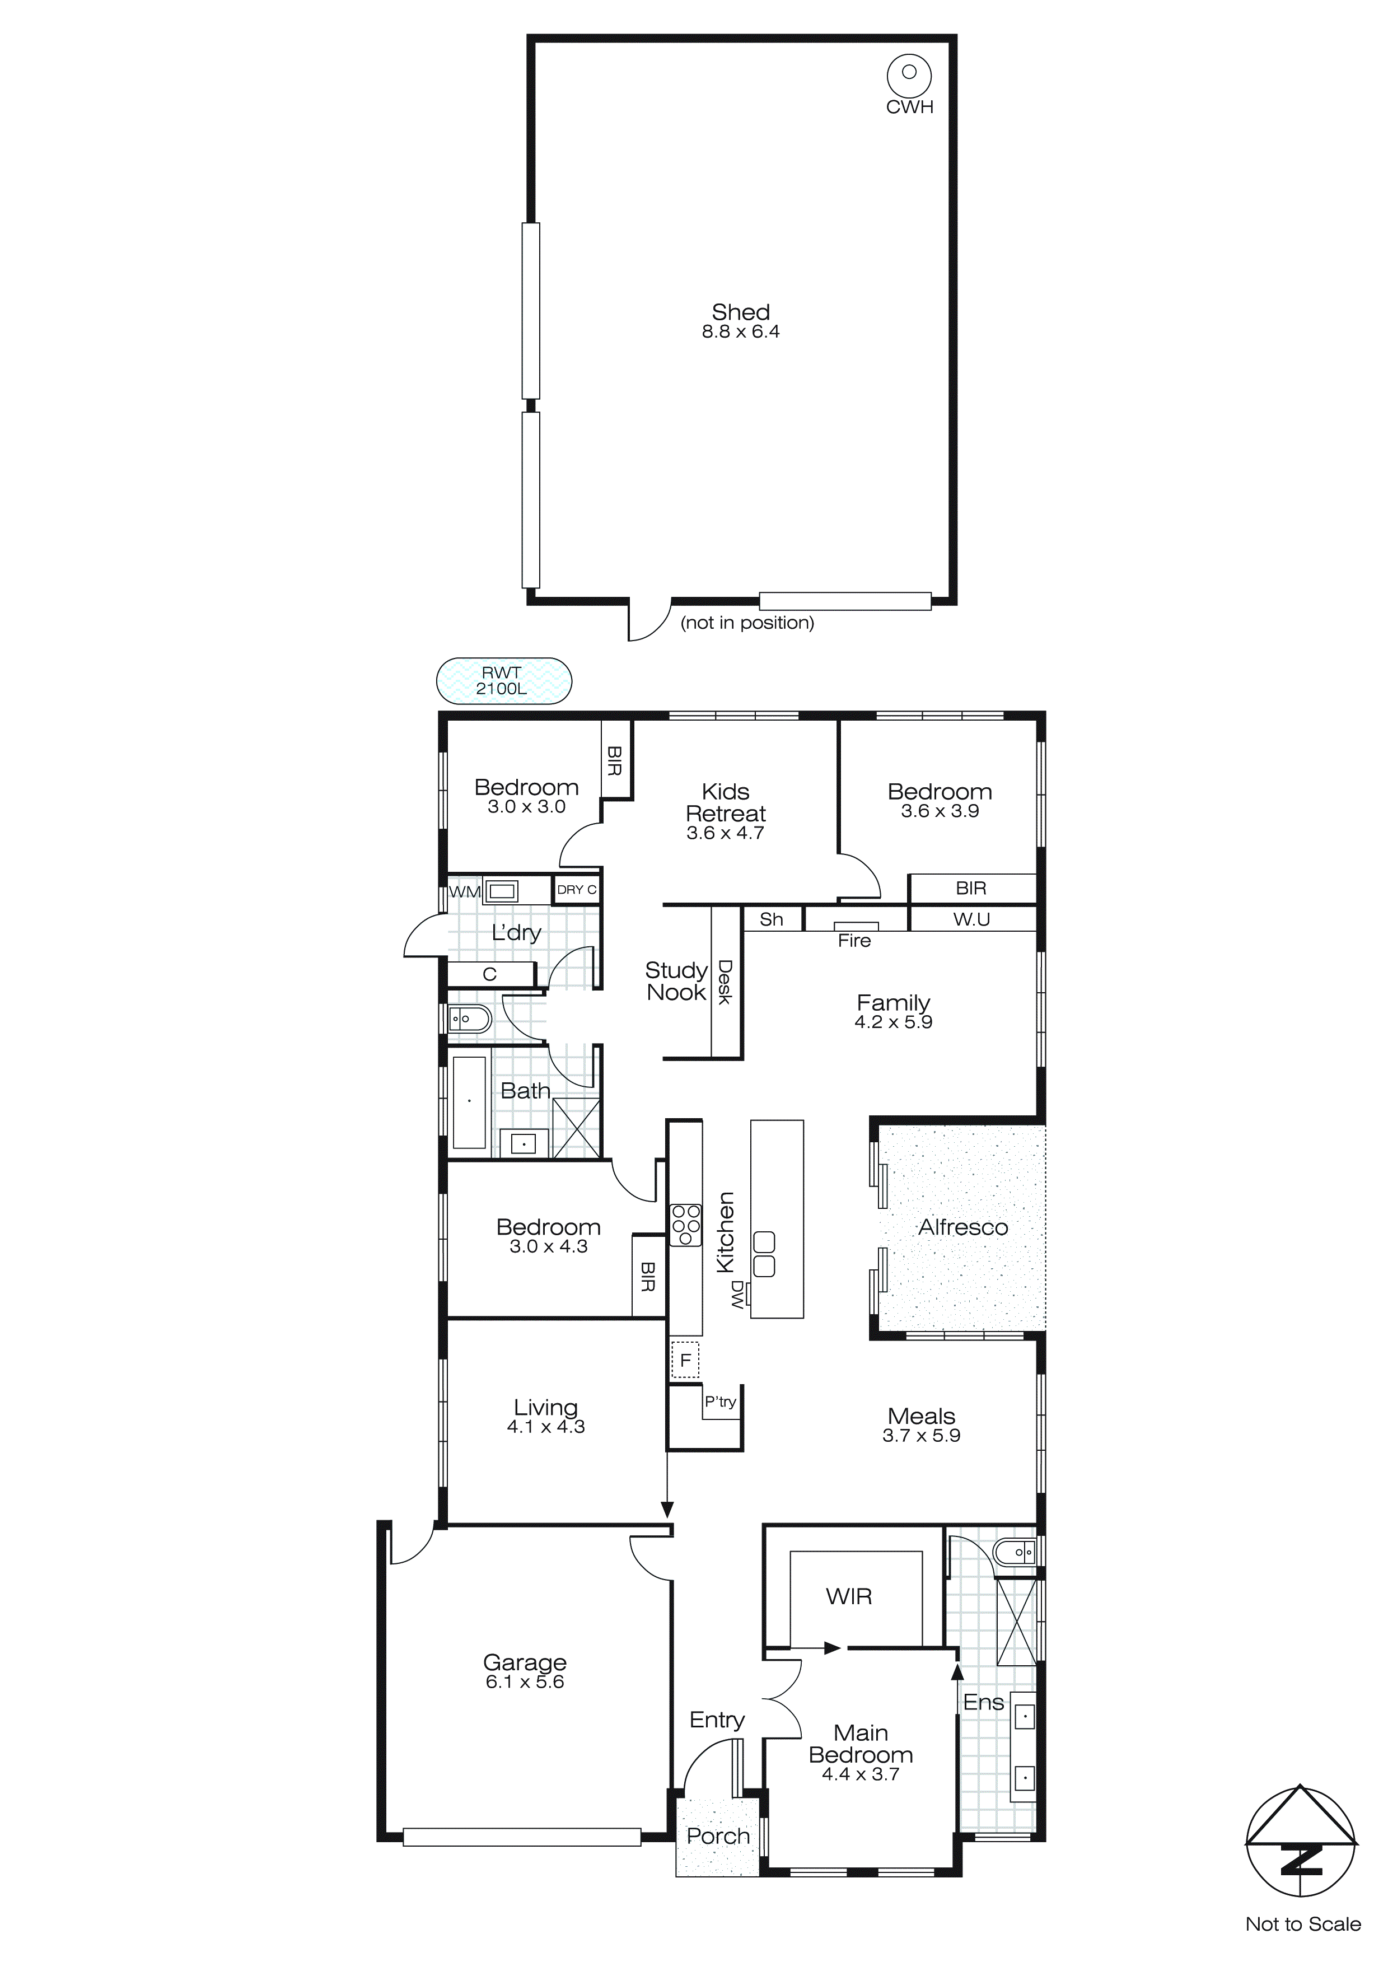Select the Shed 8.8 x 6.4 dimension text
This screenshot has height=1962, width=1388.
tap(740, 333)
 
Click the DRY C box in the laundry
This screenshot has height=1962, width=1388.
tap(576, 890)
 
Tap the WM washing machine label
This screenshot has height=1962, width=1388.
tap(465, 891)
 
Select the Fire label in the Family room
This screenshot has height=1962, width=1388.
tap(854, 940)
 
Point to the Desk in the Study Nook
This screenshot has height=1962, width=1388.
tap(725, 982)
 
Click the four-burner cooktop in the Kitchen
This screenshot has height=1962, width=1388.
tap(685, 1225)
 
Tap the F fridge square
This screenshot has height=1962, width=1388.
tap(685, 1360)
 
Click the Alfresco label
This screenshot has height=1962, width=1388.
tap(962, 1227)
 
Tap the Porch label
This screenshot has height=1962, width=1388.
tap(717, 1835)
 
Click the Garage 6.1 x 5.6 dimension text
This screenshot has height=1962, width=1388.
tap(525, 1681)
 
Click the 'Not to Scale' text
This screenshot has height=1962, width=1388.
tap(1302, 1923)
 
